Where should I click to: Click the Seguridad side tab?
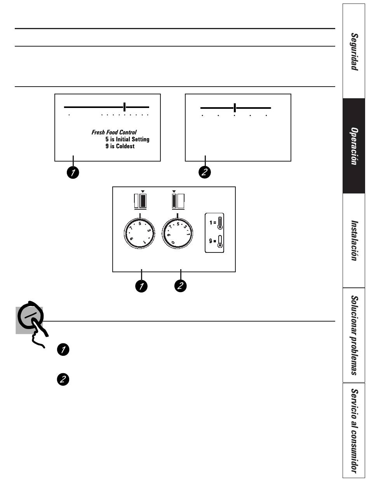pyautogui.click(x=354, y=51)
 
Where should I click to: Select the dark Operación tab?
pyautogui.click(x=354, y=146)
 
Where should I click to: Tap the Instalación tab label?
pyautogui.click(x=354, y=240)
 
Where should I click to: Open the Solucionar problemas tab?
pyautogui.click(x=354, y=335)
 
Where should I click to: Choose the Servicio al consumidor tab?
pyautogui.click(x=354, y=431)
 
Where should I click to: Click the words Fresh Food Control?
pyautogui.click(x=114, y=132)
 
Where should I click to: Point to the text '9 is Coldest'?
pyautogui.click(x=120, y=146)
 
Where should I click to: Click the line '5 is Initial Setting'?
pyautogui.click(x=127, y=139)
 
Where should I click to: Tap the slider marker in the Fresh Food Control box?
pyautogui.click(x=124, y=107)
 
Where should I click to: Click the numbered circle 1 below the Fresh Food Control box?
pyautogui.click(x=73, y=172)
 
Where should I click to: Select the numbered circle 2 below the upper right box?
pyautogui.click(x=205, y=172)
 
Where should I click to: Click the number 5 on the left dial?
pyautogui.click(x=140, y=224)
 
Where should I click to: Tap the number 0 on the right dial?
pyautogui.click(x=173, y=243)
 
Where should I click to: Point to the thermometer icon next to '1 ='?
pyautogui.click(x=220, y=223)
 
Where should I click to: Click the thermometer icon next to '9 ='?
pyautogui.click(x=220, y=241)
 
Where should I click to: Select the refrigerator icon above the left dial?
pyautogui.click(x=140, y=201)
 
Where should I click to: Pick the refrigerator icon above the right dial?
pyautogui.click(x=178, y=201)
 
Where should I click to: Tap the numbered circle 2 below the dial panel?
pyautogui.click(x=181, y=286)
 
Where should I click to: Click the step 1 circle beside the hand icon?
pyautogui.click(x=63, y=350)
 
